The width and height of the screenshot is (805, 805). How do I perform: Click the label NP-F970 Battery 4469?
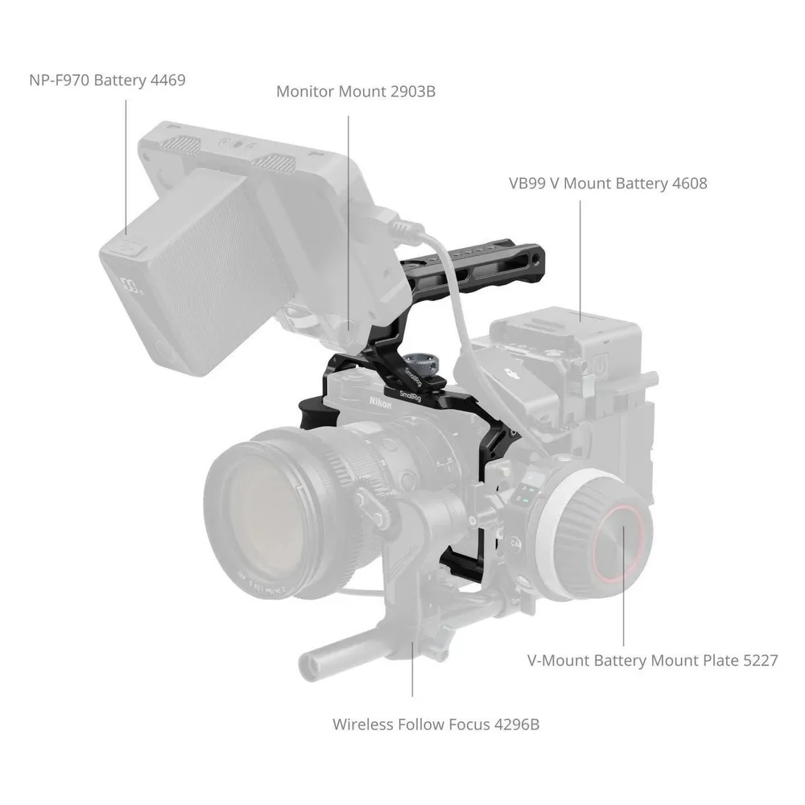107,80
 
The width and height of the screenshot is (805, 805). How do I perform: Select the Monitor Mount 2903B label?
356,92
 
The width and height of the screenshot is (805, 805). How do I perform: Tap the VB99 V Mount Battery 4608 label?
608,184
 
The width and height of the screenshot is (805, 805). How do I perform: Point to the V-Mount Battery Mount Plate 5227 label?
653,660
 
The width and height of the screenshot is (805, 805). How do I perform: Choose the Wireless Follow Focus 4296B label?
436,724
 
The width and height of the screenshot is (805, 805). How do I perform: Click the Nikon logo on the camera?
381,402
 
